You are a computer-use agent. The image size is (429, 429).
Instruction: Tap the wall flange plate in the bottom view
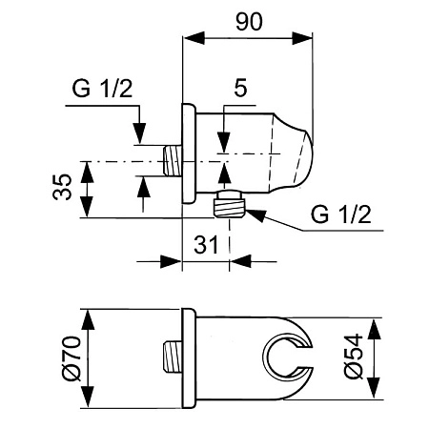click(x=187, y=358)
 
